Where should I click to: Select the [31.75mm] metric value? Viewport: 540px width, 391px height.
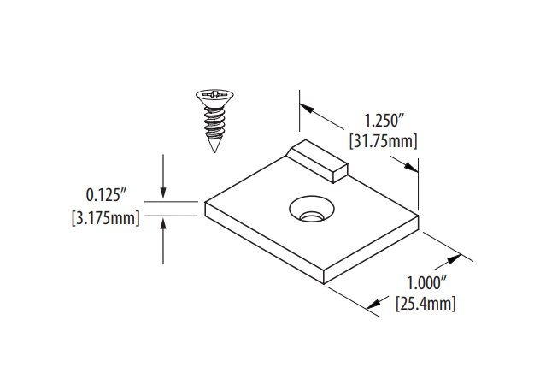coord(384,139)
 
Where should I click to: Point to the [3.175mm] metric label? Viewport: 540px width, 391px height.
coord(105,217)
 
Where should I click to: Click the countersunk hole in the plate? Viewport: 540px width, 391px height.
coord(310,209)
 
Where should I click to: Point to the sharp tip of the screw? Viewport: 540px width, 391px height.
coord(212,150)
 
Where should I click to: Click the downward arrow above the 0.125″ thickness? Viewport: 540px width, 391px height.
coord(163,193)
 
